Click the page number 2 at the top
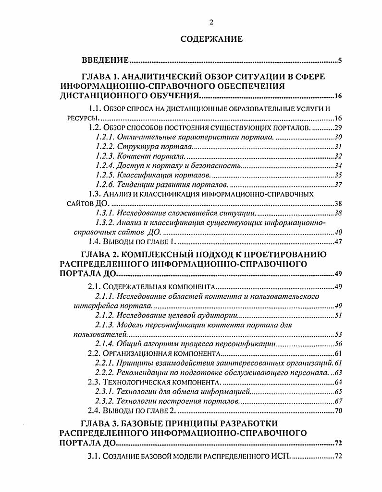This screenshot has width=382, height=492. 211,23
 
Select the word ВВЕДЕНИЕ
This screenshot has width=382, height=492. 105,60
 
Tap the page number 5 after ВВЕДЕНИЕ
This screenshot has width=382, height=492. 339,60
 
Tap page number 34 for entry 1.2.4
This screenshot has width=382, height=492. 337,166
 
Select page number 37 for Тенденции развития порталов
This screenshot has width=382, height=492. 337,185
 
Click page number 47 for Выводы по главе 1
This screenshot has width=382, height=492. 337,242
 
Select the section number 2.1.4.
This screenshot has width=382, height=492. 104,344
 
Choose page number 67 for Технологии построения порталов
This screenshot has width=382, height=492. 337,401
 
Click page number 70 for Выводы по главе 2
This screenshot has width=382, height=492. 337,410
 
